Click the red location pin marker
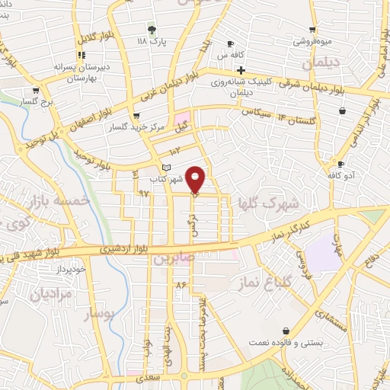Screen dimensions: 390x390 [x=196, y=179]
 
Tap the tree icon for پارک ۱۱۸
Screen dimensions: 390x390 [x=152, y=30]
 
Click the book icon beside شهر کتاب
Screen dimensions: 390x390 [x=167, y=168]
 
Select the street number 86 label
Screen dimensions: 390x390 [x=181, y=284]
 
